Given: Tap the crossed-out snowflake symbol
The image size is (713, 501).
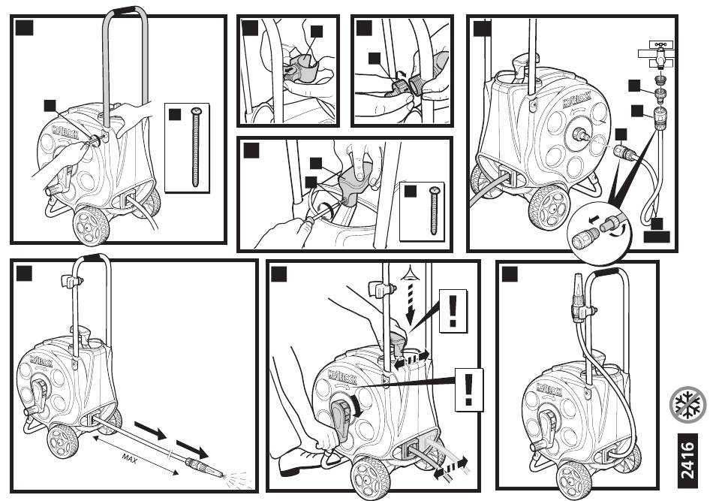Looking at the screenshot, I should [688, 406].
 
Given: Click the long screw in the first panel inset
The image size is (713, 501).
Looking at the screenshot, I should [197, 146].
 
